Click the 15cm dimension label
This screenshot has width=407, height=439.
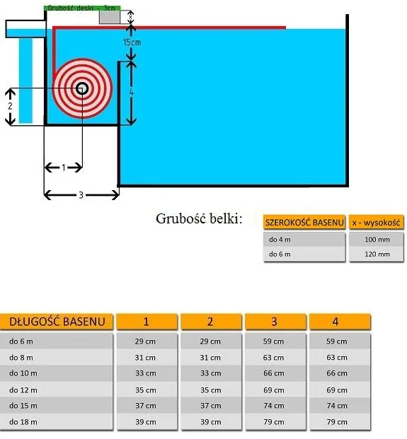132,42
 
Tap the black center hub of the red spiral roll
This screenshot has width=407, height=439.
82,88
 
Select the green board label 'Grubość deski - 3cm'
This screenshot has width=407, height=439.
82,8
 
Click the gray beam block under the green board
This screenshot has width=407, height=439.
110,18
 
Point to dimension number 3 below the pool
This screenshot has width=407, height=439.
81,195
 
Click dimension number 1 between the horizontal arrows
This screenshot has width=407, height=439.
64,168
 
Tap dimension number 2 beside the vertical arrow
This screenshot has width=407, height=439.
10,106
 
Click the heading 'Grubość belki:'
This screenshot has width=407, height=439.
199,218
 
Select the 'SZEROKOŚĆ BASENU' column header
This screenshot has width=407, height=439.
304,223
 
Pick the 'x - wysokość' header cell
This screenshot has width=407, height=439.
377,223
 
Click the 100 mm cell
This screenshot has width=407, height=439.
377,240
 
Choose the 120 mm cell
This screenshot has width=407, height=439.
377,254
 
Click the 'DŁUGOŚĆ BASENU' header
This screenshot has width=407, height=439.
57,322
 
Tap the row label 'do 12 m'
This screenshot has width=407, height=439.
23,390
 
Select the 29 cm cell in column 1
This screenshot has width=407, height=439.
145,341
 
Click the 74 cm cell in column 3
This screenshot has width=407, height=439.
274,406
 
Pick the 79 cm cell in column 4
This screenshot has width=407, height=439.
337,422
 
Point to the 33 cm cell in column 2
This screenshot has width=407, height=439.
210,373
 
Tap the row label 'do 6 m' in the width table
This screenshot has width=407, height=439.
280,254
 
